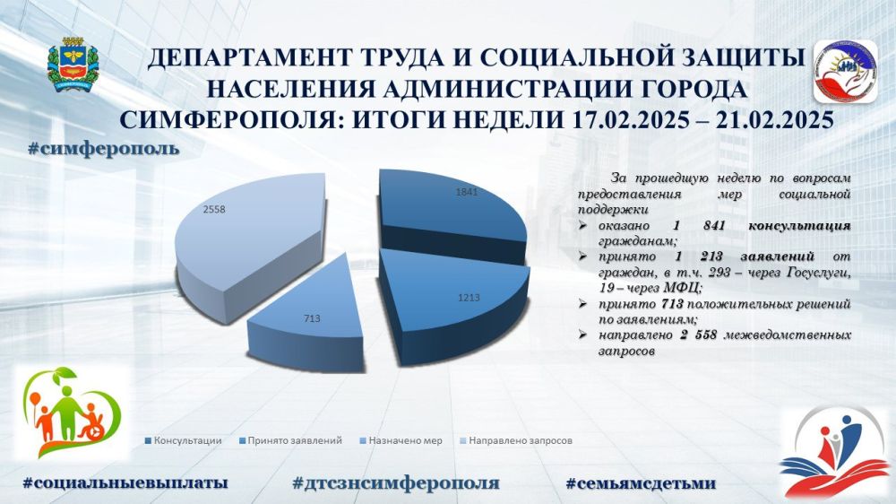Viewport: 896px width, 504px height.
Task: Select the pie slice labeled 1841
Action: (452, 212)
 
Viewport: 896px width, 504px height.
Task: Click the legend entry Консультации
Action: (184, 440)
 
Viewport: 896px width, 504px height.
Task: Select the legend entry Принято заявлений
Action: (291, 440)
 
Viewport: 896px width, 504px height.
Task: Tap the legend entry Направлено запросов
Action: (516, 440)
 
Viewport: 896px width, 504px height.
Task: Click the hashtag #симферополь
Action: (103, 149)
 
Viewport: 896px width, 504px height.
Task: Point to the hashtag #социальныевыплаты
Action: (125, 482)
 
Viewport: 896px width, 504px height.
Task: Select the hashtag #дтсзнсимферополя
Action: (395, 482)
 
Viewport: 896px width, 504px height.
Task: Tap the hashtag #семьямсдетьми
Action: (641, 482)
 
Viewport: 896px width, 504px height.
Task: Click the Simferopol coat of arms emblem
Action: (73, 65)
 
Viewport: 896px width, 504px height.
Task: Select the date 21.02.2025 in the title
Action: (767, 120)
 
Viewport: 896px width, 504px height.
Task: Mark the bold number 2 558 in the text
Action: (698, 335)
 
